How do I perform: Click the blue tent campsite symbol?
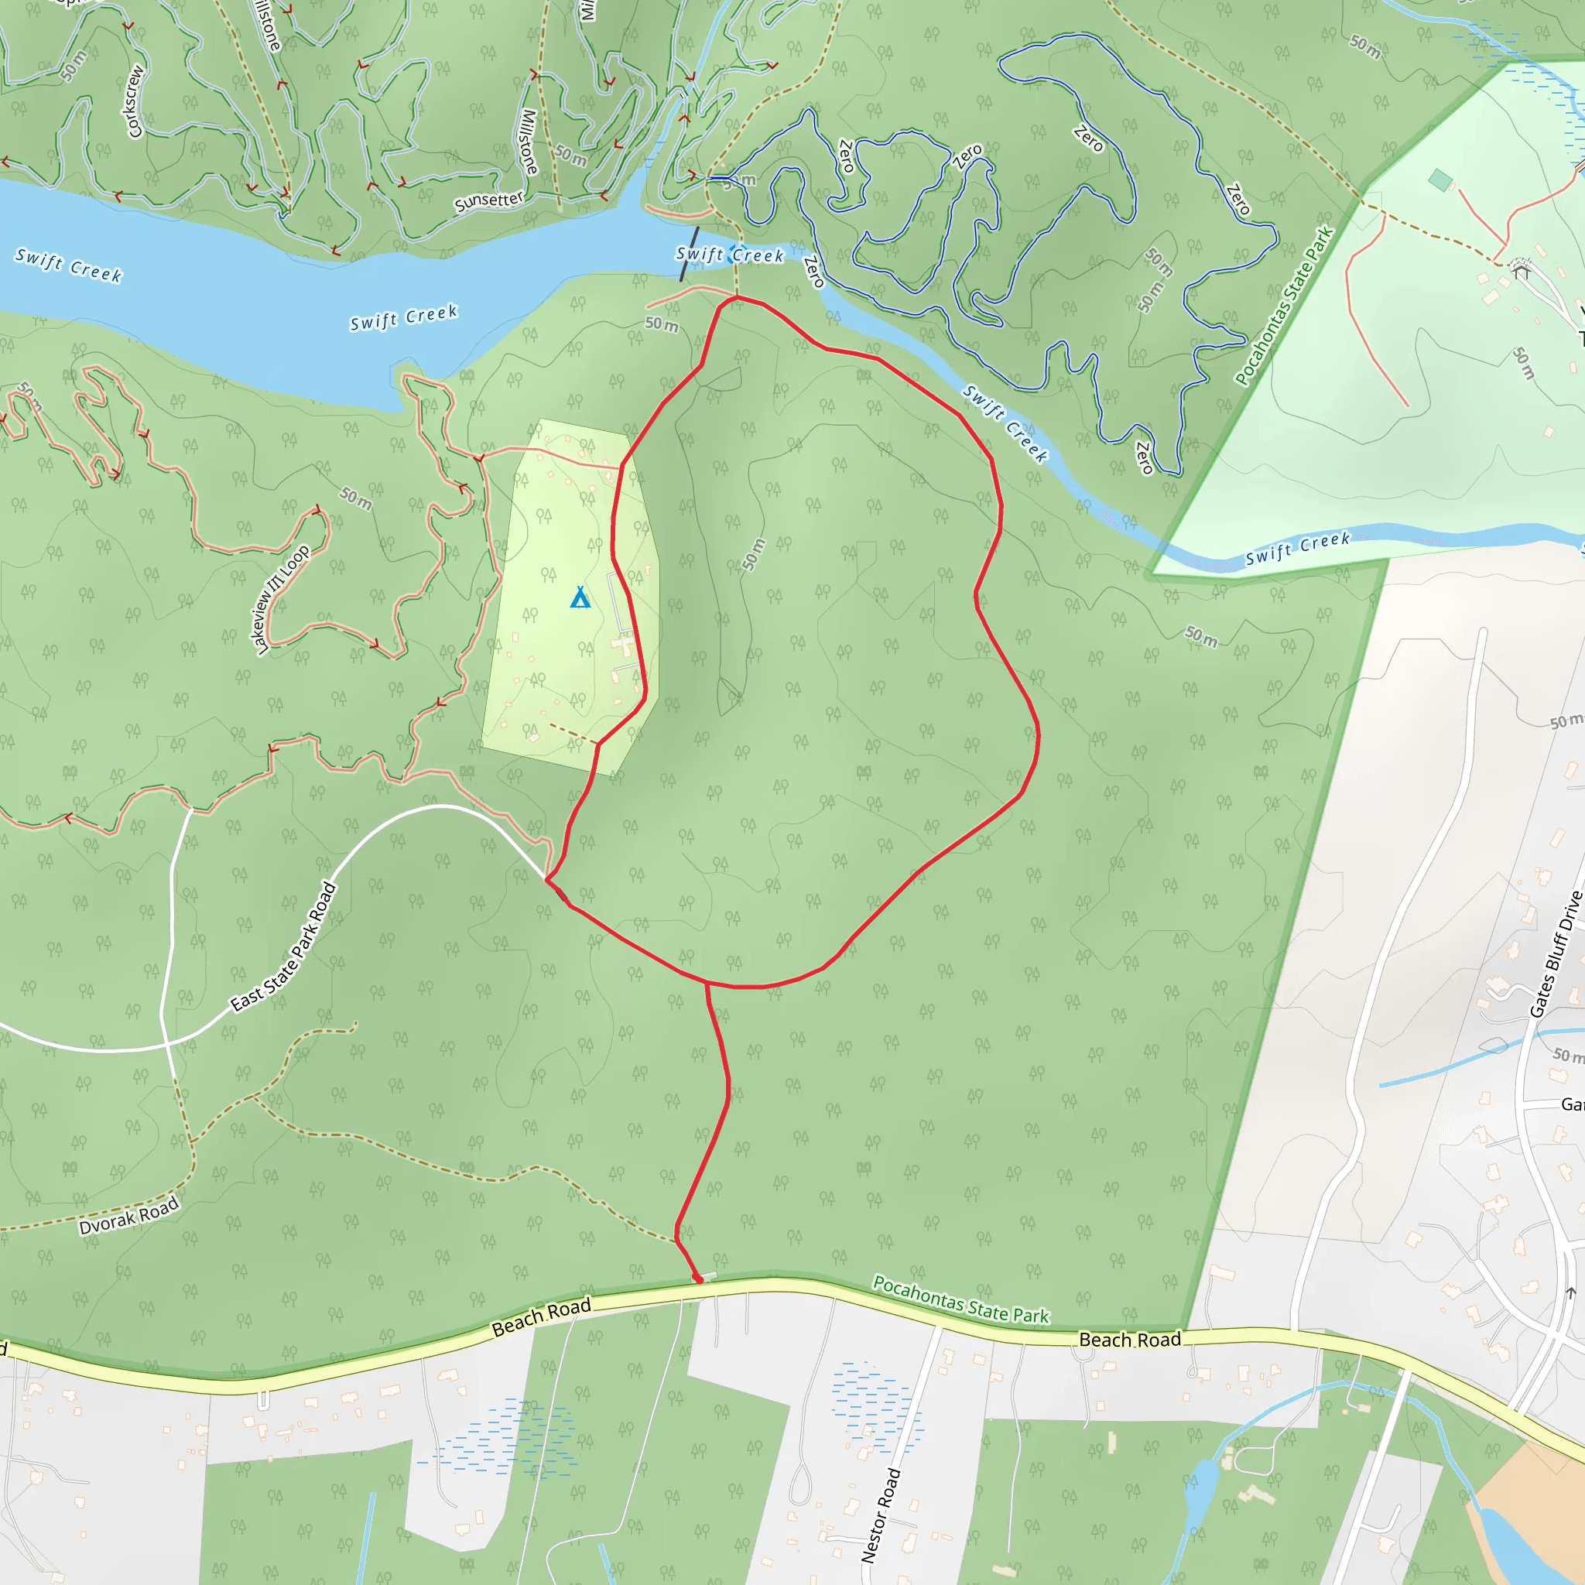(x=580, y=597)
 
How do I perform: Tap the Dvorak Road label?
(x=128, y=1216)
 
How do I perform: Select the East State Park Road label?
(x=284, y=947)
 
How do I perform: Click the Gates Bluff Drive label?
(x=1556, y=954)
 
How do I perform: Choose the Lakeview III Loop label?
(x=282, y=600)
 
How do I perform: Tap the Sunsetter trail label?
(x=489, y=201)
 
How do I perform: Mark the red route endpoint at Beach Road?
(x=698, y=1279)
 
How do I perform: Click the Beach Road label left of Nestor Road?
(x=542, y=1316)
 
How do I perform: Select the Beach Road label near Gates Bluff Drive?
(x=1130, y=1340)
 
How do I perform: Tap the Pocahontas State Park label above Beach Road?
(x=960, y=1299)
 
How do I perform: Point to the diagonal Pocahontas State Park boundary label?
(x=1285, y=306)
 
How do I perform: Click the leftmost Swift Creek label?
(x=69, y=265)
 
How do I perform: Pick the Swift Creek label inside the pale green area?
(x=1297, y=549)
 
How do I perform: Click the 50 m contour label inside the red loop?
(x=753, y=555)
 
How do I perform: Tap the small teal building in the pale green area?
(x=1440, y=180)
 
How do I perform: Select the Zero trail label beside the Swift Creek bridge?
(x=813, y=272)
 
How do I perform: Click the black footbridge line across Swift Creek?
(x=689, y=255)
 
